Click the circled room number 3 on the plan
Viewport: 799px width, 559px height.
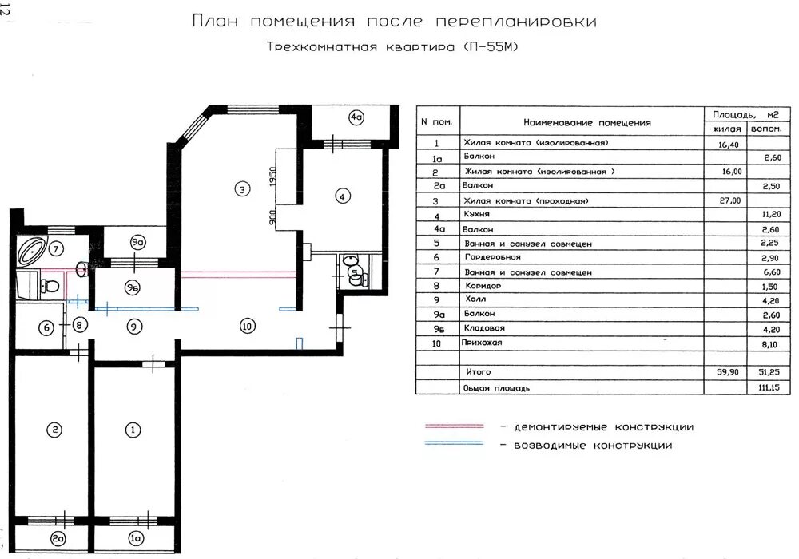243,189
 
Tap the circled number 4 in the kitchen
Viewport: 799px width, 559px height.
343,196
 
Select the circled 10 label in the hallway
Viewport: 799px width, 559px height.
247,326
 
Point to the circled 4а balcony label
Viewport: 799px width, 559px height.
356,117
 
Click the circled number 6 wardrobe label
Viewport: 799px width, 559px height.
46,327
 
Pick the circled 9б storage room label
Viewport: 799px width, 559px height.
132,288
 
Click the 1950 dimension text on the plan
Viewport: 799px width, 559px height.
272,176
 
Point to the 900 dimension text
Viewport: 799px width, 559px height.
272,217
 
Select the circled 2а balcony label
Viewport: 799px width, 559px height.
58,538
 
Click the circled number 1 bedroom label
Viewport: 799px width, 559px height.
133,430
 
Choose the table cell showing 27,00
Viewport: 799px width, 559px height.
729,200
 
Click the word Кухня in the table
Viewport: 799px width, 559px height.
477,214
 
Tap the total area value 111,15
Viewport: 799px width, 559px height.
769,387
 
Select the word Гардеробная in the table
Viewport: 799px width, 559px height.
492,257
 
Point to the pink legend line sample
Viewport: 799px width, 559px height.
455,426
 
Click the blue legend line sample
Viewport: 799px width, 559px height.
455,443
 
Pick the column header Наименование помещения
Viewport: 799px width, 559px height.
587,123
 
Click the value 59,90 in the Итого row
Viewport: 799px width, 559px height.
728,372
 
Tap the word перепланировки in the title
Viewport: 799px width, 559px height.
515,22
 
